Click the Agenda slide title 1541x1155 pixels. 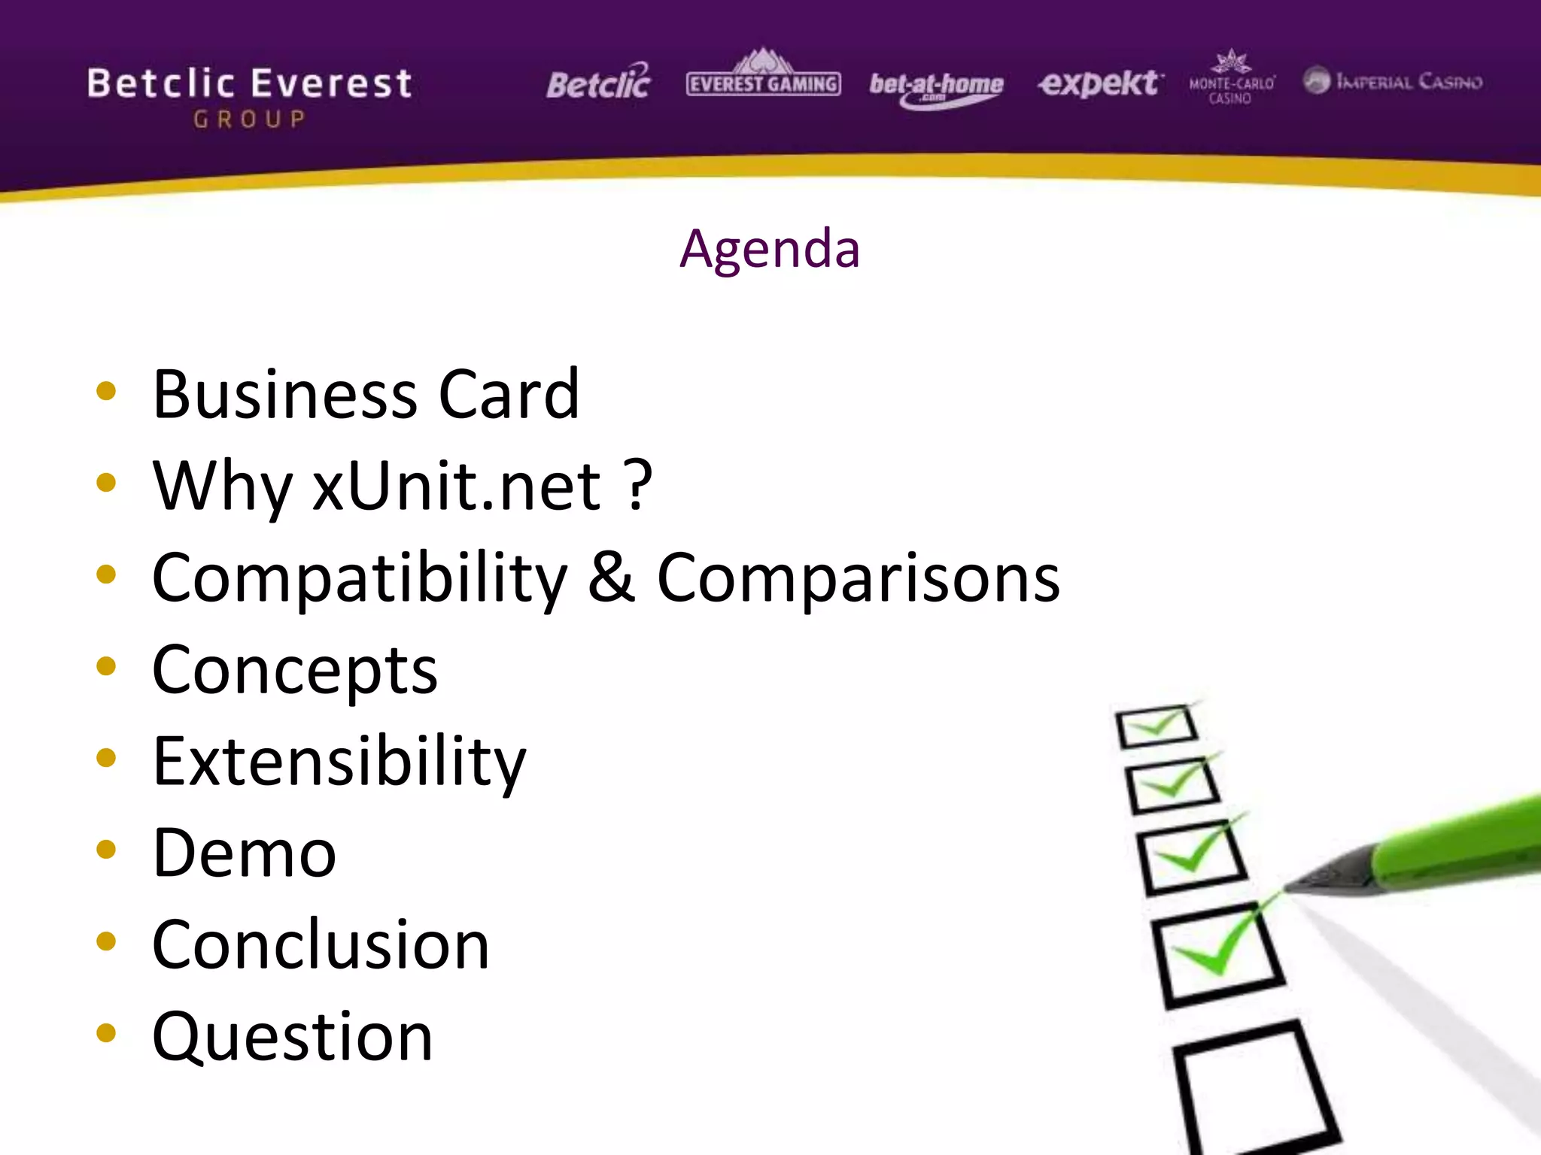point(769,249)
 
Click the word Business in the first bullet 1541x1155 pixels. point(284,395)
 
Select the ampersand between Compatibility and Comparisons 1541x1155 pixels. point(611,577)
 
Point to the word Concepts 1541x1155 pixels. point(294,670)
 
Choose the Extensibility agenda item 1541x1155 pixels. point(339,762)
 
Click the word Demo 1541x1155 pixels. point(244,853)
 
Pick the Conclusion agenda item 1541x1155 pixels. point(321,945)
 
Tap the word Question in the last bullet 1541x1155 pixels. point(292,1037)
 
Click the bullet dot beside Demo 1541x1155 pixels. point(106,850)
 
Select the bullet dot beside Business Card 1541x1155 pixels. point(106,390)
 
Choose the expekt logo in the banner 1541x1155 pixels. point(1099,83)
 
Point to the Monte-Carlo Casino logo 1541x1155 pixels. point(1231,78)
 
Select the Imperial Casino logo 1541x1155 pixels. point(1392,80)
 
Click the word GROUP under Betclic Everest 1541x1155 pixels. point(249,120)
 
